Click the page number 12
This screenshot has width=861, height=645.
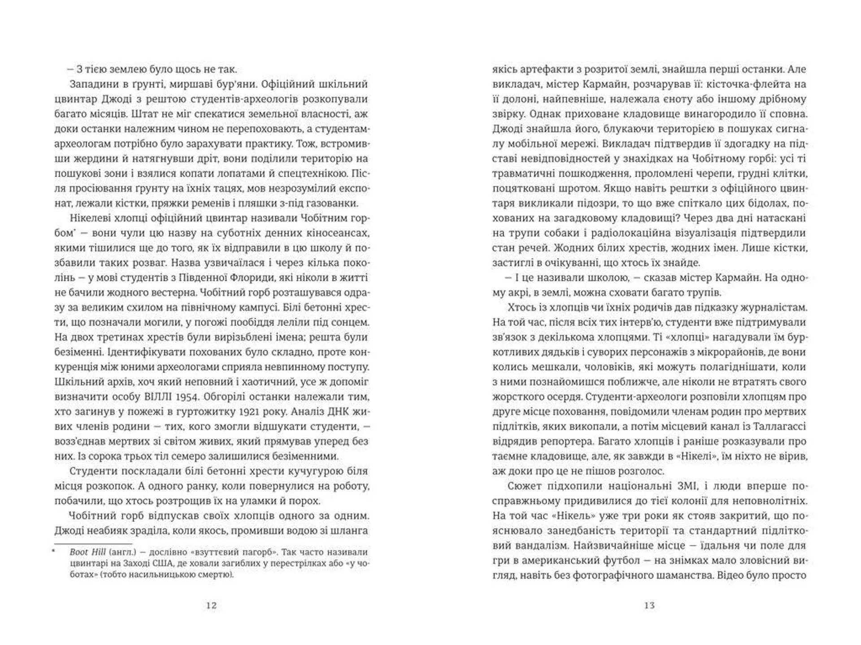tap(211, 606)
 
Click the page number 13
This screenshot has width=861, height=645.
tap(649, 606)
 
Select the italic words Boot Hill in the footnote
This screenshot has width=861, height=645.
tap(87, 552)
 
